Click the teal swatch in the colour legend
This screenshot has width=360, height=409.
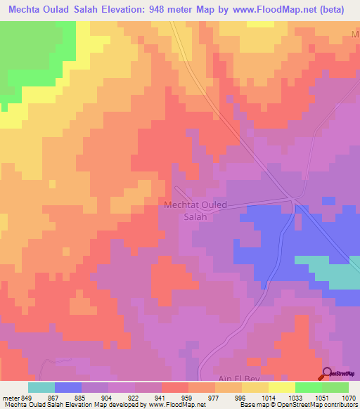pos(41,387)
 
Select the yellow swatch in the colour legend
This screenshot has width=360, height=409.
pos(281,387)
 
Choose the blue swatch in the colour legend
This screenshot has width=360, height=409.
pos(67,387)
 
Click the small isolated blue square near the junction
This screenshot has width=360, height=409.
pos(328,201)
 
